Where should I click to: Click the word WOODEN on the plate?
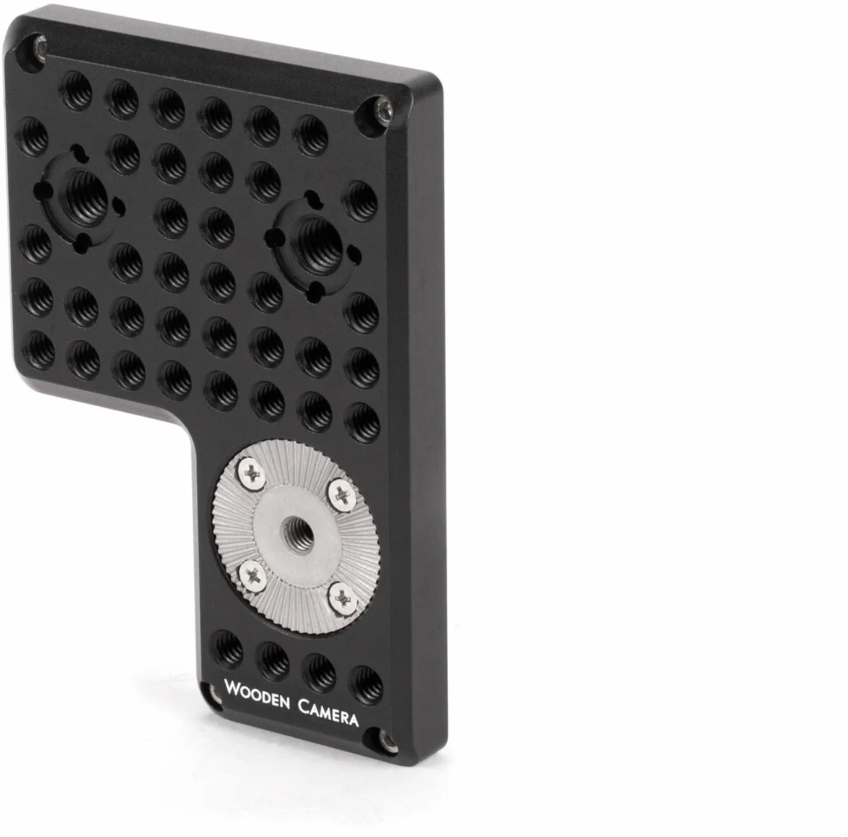click(x=257, y=695)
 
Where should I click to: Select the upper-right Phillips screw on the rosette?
click(x=342, y=495)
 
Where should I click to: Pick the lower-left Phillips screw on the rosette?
click(x=251, y=575)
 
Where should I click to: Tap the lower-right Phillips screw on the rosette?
click(x=342, y=597)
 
